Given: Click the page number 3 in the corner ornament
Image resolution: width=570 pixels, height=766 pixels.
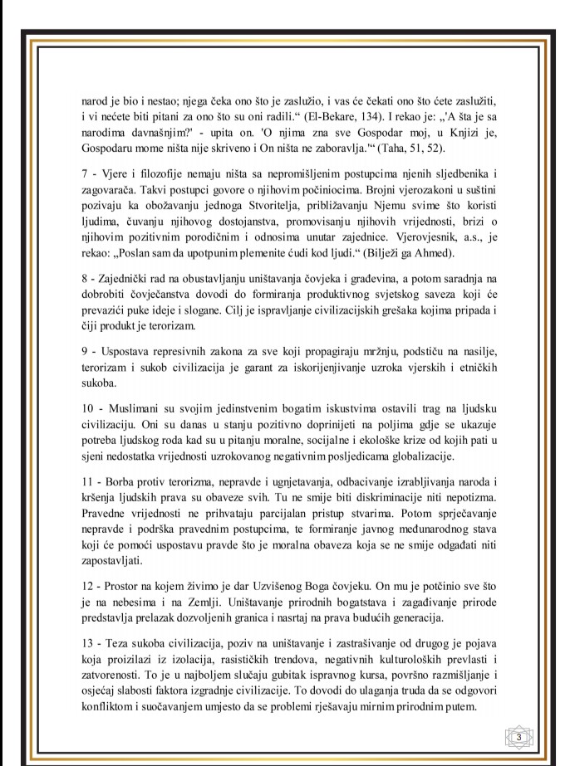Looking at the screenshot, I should pos(519,736).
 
